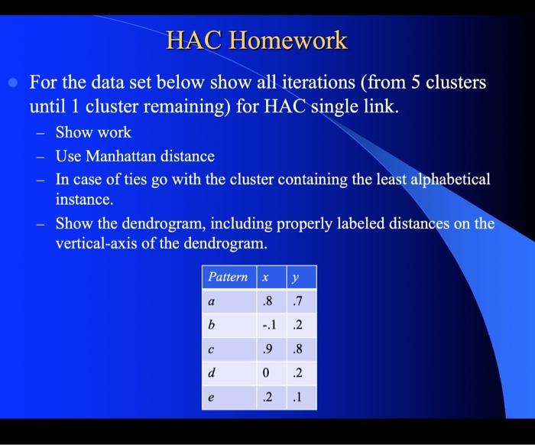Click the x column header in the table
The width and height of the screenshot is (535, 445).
265,277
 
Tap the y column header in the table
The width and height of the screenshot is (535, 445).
294,277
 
